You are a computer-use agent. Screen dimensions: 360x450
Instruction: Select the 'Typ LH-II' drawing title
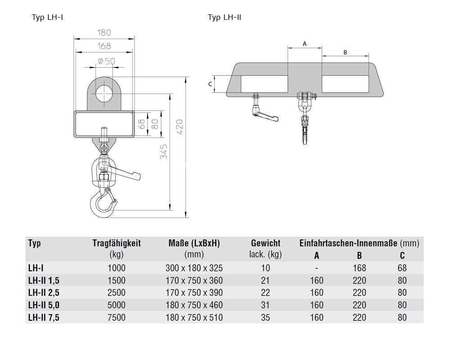tap(225, 18)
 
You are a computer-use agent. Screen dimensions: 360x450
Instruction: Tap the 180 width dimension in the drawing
tap(104, 33)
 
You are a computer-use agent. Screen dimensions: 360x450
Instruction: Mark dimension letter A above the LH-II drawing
tap(304, 44)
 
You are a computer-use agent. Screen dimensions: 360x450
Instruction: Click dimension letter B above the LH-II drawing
tap(345, 52)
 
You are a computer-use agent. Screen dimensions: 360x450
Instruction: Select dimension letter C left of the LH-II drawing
tap(210, 84)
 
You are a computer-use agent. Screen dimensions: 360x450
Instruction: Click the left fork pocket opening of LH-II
tap(264, 84)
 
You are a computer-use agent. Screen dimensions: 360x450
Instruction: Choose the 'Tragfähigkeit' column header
tap(116, 243)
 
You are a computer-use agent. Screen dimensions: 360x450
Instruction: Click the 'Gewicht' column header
tap(265, 243)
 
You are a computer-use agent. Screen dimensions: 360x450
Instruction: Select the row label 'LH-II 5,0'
tap(44, 305)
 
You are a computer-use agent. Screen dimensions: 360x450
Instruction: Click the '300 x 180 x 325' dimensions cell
tap(194, 268)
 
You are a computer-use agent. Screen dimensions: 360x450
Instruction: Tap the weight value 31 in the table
tap(265, 305)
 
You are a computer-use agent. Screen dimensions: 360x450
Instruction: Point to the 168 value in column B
tap(360, 268)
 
